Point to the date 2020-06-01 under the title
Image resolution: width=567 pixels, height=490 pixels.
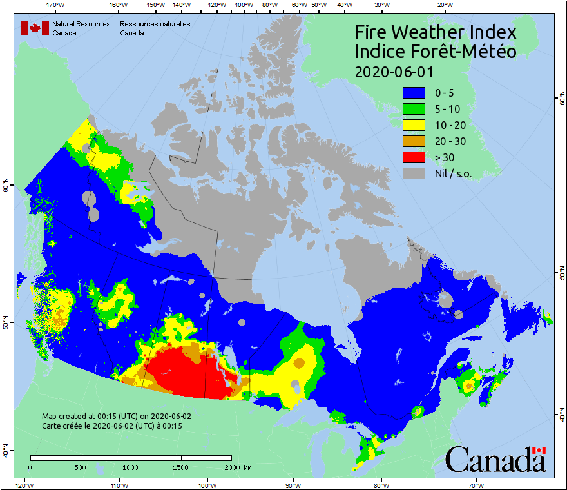point(394,71)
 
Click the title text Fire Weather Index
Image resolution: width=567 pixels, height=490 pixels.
point(436,32)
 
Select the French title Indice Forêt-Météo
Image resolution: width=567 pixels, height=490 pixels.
point(436,52)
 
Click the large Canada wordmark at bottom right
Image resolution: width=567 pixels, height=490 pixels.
point(495,460)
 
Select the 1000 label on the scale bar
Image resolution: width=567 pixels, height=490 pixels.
point(131,467)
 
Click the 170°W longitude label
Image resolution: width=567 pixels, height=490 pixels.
point(57,5)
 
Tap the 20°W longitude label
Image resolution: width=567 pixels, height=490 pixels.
point(443,5)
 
